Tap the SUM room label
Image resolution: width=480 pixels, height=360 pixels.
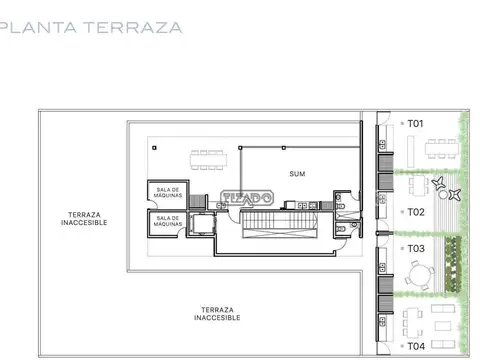click(296, 173)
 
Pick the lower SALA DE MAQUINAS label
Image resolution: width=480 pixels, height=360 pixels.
click(168, 221)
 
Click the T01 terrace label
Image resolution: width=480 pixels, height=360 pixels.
click(416, 124)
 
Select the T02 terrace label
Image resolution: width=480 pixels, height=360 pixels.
click(416, 212)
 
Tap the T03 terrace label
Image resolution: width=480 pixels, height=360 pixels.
click(416, 247)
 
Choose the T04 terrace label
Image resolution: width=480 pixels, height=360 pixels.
click(416, 345)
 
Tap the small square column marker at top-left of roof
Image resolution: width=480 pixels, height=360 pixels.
click(154, 147)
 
